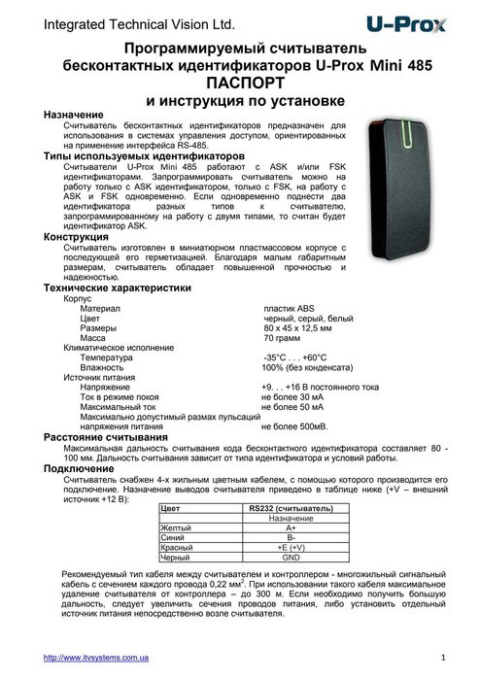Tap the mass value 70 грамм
283,338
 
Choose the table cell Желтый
175,528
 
